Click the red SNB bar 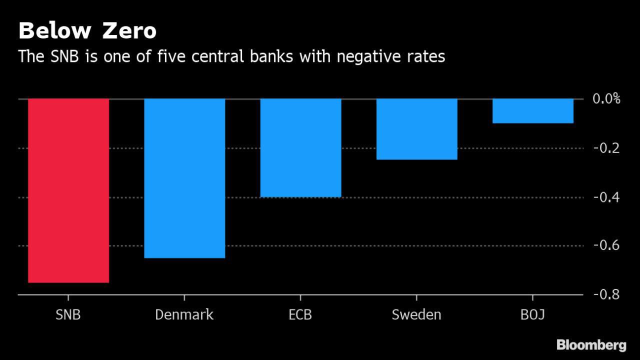[68, 190]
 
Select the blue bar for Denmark [184, 178]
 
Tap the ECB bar [300, 147]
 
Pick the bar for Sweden [416, 129]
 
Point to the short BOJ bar [532, 110]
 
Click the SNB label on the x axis [68, 315]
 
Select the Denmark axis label [184, 315]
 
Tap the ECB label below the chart [300, 315]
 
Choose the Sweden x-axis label [416, 315]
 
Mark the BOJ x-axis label [532, 315]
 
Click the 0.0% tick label [606, 98]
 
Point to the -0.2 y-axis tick [606, 148]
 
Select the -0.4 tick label [606, 197]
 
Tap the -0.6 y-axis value [606, 245]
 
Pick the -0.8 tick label [606, 294]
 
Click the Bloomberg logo [591, 345]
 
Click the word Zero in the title [129, 31]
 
